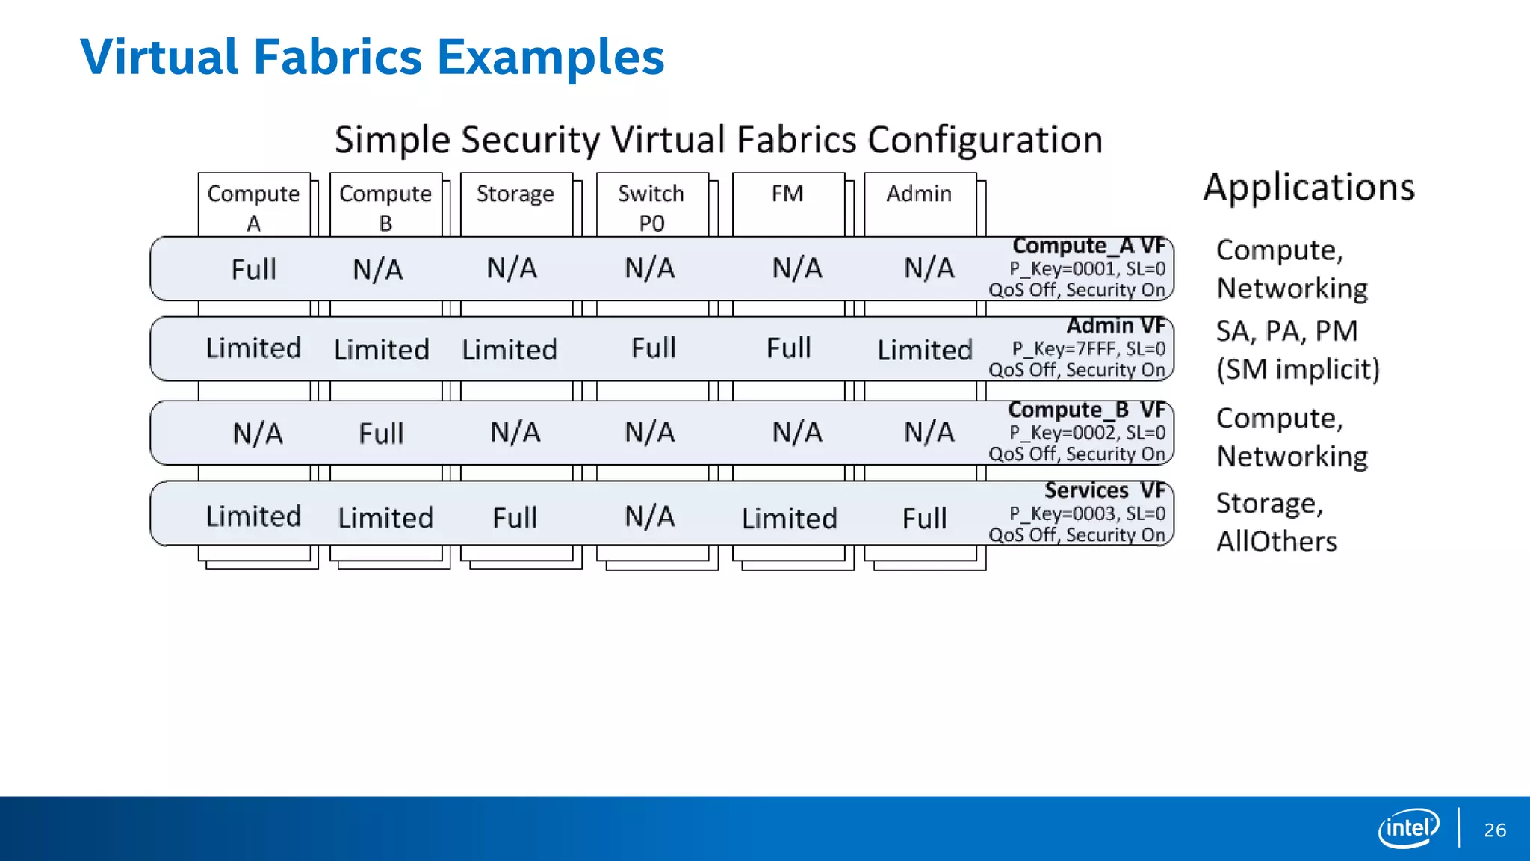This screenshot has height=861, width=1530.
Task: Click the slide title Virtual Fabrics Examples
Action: [372, 57]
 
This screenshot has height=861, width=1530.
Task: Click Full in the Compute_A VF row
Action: [253, 269]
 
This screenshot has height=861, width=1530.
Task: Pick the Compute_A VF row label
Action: [1088, 246]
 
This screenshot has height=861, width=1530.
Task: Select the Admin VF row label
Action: [1115, 326]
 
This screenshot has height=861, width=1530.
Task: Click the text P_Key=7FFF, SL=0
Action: [1088, 348]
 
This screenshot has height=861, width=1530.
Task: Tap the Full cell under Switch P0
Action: [653, 348]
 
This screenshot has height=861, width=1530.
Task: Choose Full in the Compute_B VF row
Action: [381, 433]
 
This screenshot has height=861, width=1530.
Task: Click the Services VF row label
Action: [1105, 490]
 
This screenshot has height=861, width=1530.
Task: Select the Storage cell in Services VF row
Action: [515, 518]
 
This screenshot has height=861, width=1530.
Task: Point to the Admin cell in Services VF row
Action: [924, 518]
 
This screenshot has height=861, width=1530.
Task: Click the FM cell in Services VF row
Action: [789, 518]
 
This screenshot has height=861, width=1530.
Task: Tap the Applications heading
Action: [1309, 188]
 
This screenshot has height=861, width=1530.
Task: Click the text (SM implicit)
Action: [1298, 369]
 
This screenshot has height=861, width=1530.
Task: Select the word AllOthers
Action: [1276, 541]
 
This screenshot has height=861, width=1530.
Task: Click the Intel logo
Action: [1408, 828]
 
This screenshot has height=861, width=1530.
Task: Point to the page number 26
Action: [1495, 830]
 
